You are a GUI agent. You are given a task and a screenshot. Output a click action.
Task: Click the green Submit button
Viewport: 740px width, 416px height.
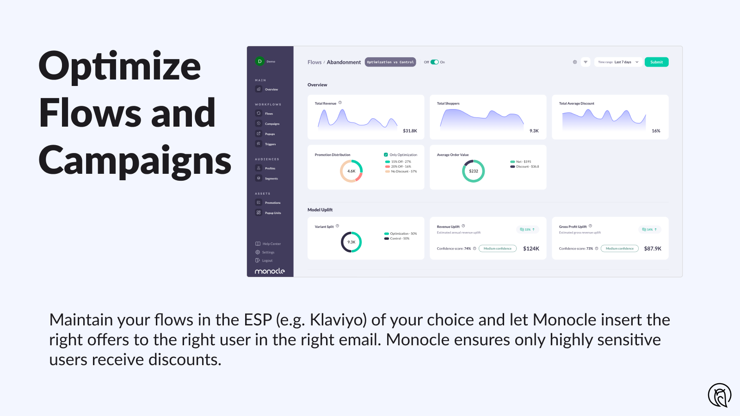(x=656, y=62)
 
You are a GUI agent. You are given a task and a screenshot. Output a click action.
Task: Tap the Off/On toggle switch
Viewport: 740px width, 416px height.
(x=434, y=62)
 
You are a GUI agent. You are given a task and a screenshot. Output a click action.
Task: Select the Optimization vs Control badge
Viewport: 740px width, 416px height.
(x=390, y=62)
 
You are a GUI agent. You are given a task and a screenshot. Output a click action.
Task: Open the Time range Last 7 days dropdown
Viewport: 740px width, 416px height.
(x=618, y=62)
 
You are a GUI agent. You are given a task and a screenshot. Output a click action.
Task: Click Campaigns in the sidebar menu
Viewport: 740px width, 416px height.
(x=272, y=124)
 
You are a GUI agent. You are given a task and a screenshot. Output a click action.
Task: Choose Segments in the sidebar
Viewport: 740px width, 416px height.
(x=271, y=178)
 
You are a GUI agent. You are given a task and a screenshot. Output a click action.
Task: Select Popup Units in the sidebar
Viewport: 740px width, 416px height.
(x=272, y=213)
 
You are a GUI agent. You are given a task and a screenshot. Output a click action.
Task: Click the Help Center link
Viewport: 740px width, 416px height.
(x=271, y=244)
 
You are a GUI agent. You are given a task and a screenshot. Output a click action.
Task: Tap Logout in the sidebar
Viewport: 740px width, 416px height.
(x=267, y=261)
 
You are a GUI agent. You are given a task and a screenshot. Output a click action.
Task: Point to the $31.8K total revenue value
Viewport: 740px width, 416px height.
(x=410, y=131)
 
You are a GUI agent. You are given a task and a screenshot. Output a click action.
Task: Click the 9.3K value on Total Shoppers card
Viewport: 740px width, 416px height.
(x=534, y=131)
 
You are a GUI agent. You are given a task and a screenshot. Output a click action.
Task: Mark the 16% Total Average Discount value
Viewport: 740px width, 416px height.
(x=656, y=131)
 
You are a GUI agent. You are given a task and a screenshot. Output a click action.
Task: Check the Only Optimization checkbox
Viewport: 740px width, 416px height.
(x=386, y=155)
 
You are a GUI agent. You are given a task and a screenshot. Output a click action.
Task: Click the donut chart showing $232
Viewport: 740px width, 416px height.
(x=473, y=171)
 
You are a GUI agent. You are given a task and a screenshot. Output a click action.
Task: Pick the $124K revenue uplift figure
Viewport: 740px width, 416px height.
(x=531, y=249)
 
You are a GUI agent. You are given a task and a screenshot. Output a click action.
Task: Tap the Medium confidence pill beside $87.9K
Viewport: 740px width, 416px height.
(x=619, y=249)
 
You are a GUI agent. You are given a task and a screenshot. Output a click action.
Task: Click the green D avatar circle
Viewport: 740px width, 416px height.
(x=260, y=61)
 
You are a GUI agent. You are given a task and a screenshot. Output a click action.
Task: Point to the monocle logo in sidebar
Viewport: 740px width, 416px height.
(x=270, y=271)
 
